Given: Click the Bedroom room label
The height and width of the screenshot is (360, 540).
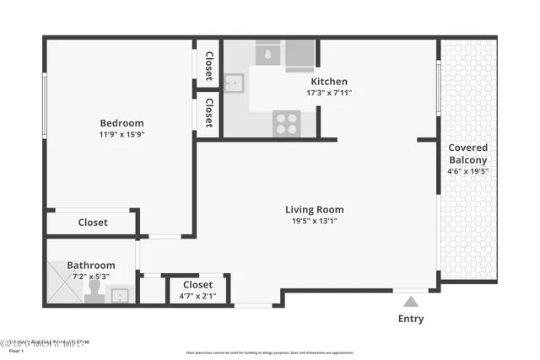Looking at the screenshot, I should (x=121, y=122).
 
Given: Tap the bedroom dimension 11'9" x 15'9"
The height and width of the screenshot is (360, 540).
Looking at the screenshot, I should (x=121, y=134).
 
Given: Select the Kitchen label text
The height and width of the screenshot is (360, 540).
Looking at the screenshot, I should (x=329, y=82).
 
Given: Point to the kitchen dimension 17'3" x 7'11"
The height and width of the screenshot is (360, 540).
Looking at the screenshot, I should (x=329, y=94).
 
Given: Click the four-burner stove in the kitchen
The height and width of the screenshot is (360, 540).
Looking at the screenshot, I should (x=286, y=123).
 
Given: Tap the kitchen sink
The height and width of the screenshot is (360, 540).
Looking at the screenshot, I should (x=234, y=83).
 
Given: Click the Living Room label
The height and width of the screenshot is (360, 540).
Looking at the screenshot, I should (x=314, y=210).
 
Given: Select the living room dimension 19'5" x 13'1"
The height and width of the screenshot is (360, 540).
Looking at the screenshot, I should (x=314, y=222).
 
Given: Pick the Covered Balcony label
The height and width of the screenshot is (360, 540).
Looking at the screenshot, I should (x=467, y=153).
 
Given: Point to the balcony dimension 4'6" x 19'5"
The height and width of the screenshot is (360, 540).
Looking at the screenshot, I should (x=467, y=171).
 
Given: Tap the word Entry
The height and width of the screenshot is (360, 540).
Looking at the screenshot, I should (x=410, y=319).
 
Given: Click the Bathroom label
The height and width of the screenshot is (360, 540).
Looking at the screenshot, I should (x=91, y=265).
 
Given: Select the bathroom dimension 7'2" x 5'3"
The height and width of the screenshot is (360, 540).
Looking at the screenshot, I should (x=91, y=277).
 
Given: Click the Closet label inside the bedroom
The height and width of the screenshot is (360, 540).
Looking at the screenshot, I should (x=92, y=223).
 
